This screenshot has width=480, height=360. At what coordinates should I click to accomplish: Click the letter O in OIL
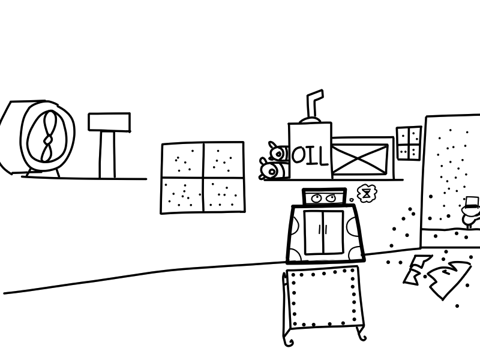pyautogui.click(x=298, y=155)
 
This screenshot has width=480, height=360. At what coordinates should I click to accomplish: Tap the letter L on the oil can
pyautogui.click(x=322, y=156)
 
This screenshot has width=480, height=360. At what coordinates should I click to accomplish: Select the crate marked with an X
pyautogui.click(x=360, y=158)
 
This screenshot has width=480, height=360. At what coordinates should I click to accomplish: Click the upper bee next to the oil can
pyautogui.click(x=278, y=152)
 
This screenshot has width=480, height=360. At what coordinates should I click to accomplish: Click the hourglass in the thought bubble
pyautogui.click(x=365, y=193)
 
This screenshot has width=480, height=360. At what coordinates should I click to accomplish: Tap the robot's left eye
pyautogui.click(x=316, y=199)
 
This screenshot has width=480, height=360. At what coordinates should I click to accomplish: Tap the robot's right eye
pyautogui.click(x=330, y=198)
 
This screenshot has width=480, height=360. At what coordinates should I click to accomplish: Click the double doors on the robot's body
pyautogui.click(x=324, y=232)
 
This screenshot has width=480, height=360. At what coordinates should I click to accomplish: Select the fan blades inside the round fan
pyautogui.click(x=47, y=136)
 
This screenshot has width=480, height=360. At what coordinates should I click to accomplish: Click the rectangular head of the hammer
pyautogui.click(x=109, y=122)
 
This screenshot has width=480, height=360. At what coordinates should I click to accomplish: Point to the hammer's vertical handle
pyautogui.click(x=107, y=155)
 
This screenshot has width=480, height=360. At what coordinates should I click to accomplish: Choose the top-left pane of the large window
pyautogui.click(x=182, y=160)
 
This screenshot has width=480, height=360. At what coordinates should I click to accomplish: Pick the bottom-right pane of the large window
pyautogui.click(x=224, y=194)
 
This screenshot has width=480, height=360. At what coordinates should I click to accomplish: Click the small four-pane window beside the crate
pyautogui.click(x=409, y=143)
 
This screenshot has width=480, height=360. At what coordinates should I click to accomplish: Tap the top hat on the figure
pyautogui.click(x=472, y=203)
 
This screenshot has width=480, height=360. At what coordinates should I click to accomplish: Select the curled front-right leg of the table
pyautogui.click(x=361, y=333)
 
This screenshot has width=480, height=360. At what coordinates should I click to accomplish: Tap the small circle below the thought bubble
pyautogui.click(x=352, y=200)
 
